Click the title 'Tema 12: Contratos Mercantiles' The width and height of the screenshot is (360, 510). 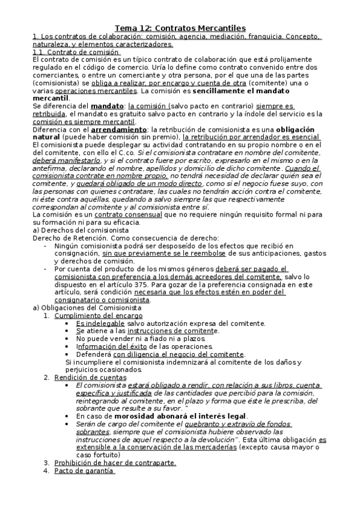tap(180, 28)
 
